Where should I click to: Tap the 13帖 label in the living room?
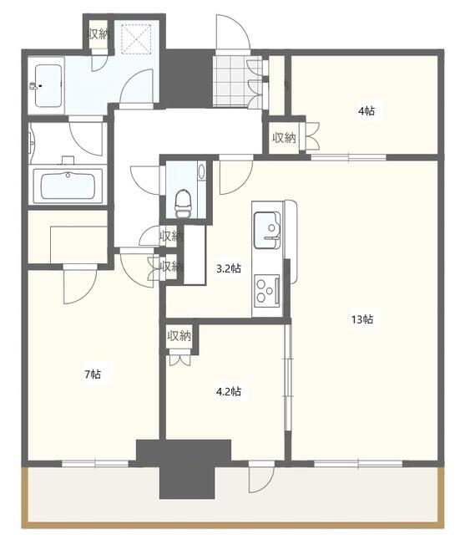coord(361,318)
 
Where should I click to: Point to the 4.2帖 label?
coord(230,390)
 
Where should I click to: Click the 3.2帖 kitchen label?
coord(230,268)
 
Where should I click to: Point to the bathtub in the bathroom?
coord(67,184)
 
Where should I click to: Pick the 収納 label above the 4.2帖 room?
coord(179,336)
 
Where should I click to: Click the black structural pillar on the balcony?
coord(182,472)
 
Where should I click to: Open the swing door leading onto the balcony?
coord(260,478)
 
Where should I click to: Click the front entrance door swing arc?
coord(230,33)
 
